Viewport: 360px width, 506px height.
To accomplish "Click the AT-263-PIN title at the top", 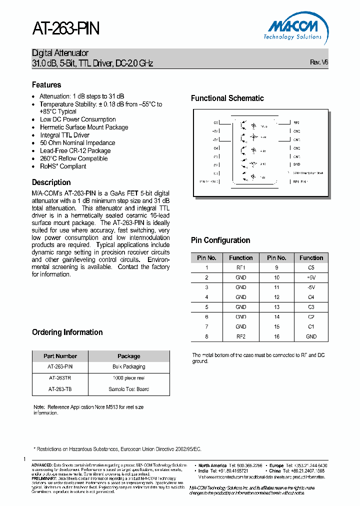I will [66, 29].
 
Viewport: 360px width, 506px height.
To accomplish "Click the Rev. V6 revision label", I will [319, 62].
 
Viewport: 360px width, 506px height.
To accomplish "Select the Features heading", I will [46, 85].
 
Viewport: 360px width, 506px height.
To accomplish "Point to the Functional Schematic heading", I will [227, 98].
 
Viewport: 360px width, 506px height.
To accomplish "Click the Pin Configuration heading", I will [220, 240].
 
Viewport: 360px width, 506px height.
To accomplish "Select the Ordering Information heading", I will [67, 332].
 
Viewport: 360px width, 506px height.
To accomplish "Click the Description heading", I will [51, 182].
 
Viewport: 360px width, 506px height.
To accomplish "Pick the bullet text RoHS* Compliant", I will [63, 166].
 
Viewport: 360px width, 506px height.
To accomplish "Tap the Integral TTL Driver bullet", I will [64, 135].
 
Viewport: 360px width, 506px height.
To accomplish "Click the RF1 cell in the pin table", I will [240, 267].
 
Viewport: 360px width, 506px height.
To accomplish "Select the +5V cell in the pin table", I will [311, 277].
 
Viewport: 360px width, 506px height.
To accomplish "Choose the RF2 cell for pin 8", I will [240, 336].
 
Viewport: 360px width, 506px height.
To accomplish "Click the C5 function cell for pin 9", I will [311, 267].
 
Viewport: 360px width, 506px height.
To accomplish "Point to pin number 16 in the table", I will [276, 336].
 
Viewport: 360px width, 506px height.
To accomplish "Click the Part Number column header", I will [60, 356].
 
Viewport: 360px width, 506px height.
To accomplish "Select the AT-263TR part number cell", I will [60, 378].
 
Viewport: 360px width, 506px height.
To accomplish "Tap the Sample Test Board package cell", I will [128, 389].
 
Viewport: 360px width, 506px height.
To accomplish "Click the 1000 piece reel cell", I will [128, 378].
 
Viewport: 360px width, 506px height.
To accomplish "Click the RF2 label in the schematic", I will [296, 122].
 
